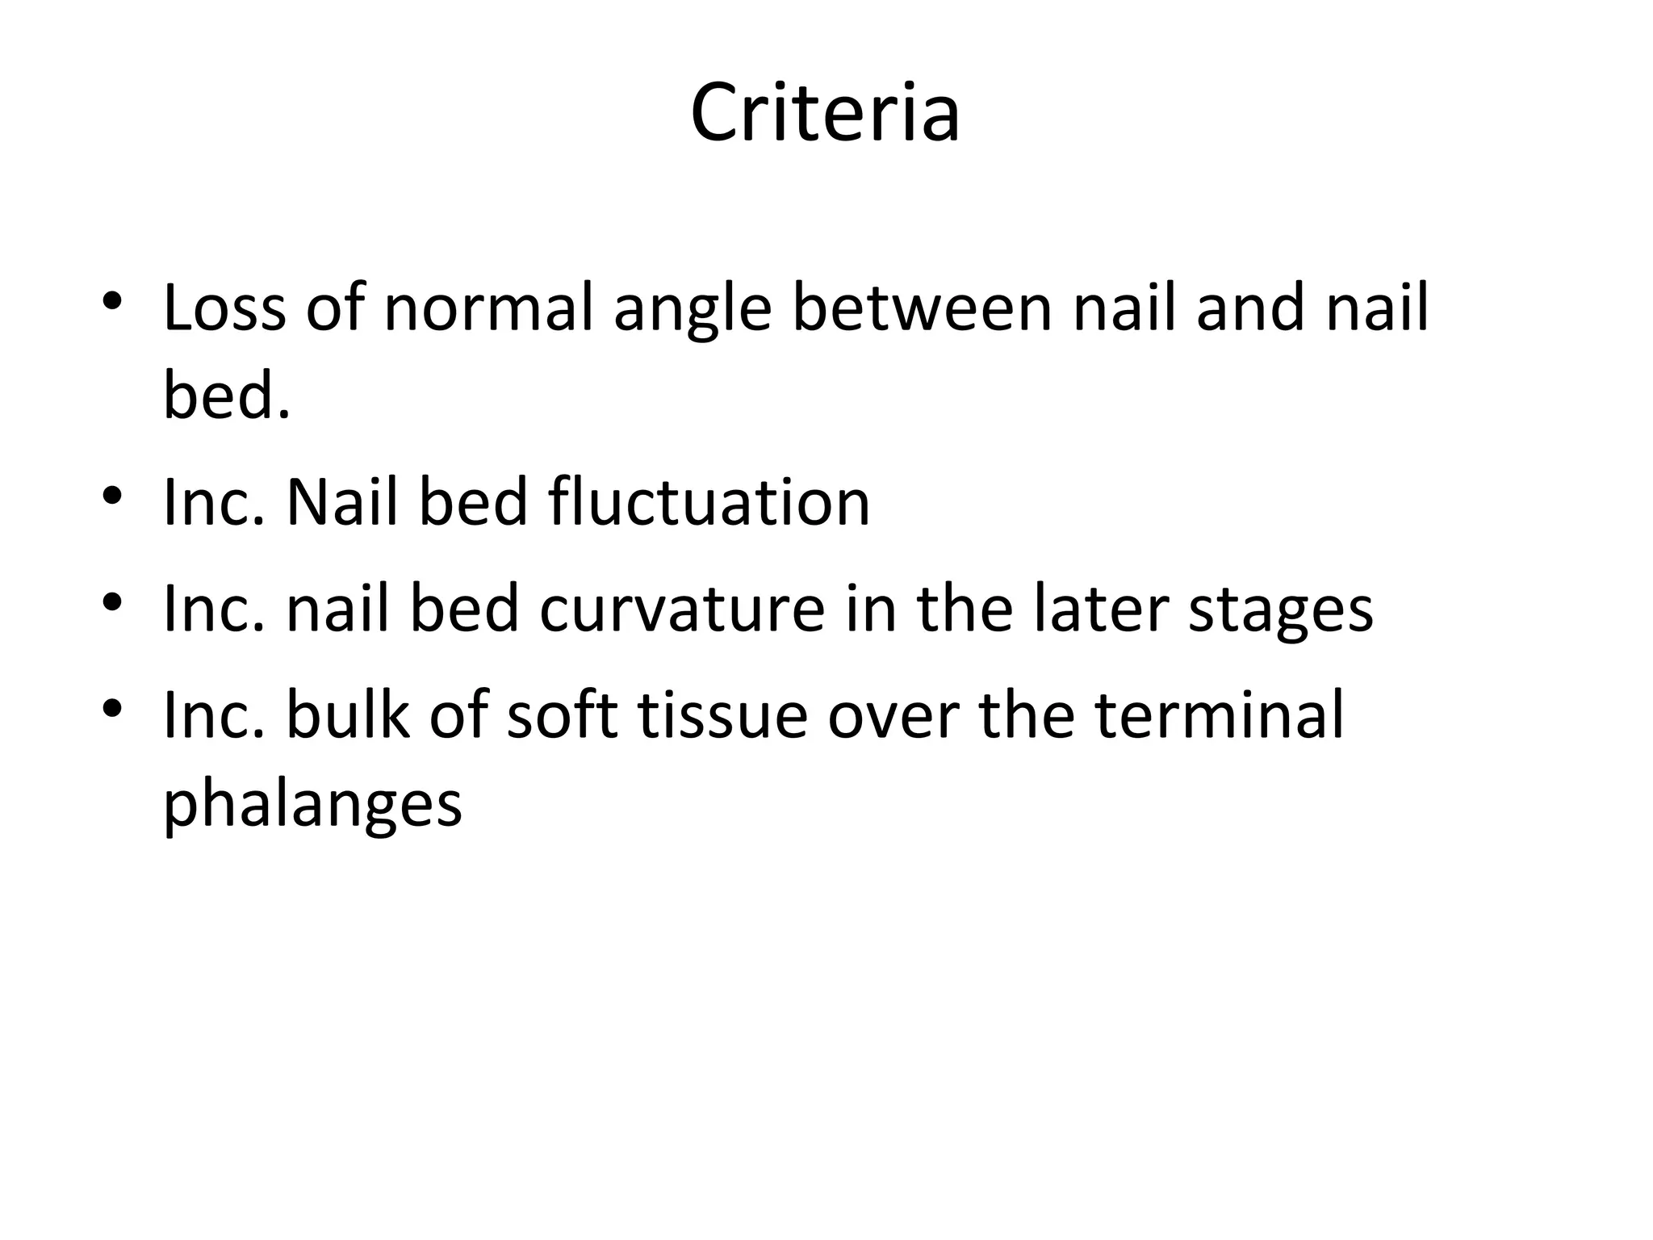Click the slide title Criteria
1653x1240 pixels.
tap(825, 113)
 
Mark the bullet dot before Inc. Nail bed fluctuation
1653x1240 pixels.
tap(112, 495)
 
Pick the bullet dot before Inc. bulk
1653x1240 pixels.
tap(112, 707)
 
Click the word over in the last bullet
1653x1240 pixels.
tap(893, 715)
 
